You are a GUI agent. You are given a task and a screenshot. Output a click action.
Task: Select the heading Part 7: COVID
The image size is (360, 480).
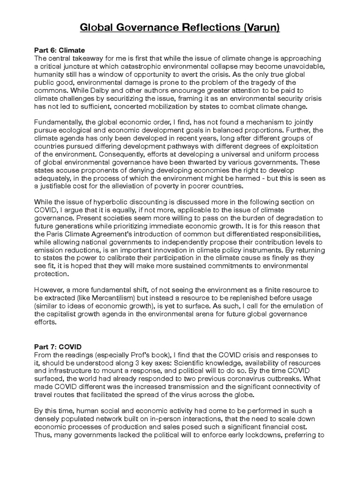(x=58, y=346)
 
